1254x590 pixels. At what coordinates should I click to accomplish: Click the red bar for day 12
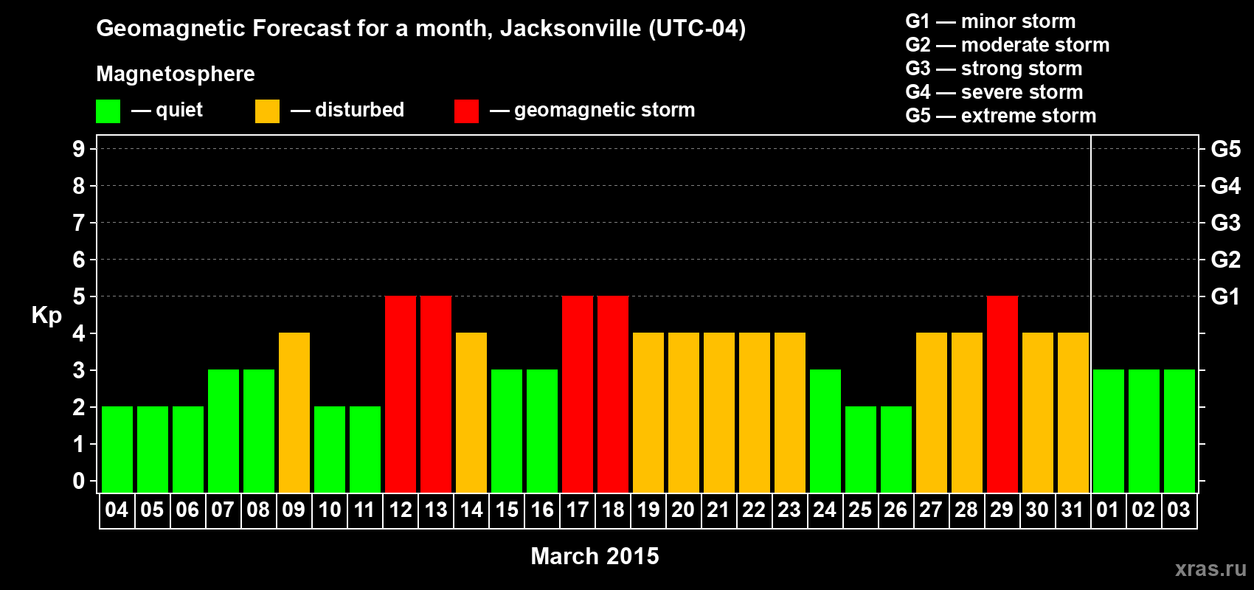coord(401,394)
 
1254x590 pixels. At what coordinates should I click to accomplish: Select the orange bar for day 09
coord(294,412)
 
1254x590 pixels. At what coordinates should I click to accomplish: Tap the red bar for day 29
coord(1002,394)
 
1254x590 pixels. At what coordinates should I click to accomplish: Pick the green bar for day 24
coord(825,431)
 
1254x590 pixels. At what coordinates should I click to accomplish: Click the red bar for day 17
coord(578,394)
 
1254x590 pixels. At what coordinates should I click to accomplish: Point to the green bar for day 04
coord(117,449)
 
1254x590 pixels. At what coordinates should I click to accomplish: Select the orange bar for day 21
coord(719,412)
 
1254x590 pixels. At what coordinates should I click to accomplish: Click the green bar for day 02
coord(1144,431)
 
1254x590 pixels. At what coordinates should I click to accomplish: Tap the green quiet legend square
coord(108,111)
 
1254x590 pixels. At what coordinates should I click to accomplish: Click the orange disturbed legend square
coord(268,111)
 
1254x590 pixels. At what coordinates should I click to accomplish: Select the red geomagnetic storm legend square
coord(467,111)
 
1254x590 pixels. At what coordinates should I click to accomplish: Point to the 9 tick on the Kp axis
coord(79,149)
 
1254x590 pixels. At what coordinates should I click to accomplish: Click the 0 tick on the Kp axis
coord(79,481)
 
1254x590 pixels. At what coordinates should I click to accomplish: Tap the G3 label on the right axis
coord(1225,223)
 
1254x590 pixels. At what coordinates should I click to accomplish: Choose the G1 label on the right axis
coord(1225,296)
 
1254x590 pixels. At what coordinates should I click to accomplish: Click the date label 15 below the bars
coord(507,510)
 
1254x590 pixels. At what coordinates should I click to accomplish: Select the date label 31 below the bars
coord(1073,510)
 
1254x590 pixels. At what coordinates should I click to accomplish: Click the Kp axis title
coord(46,315)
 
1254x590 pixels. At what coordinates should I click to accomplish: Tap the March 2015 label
coord(595,556)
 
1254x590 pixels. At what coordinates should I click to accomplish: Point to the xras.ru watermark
coord(1210,568)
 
